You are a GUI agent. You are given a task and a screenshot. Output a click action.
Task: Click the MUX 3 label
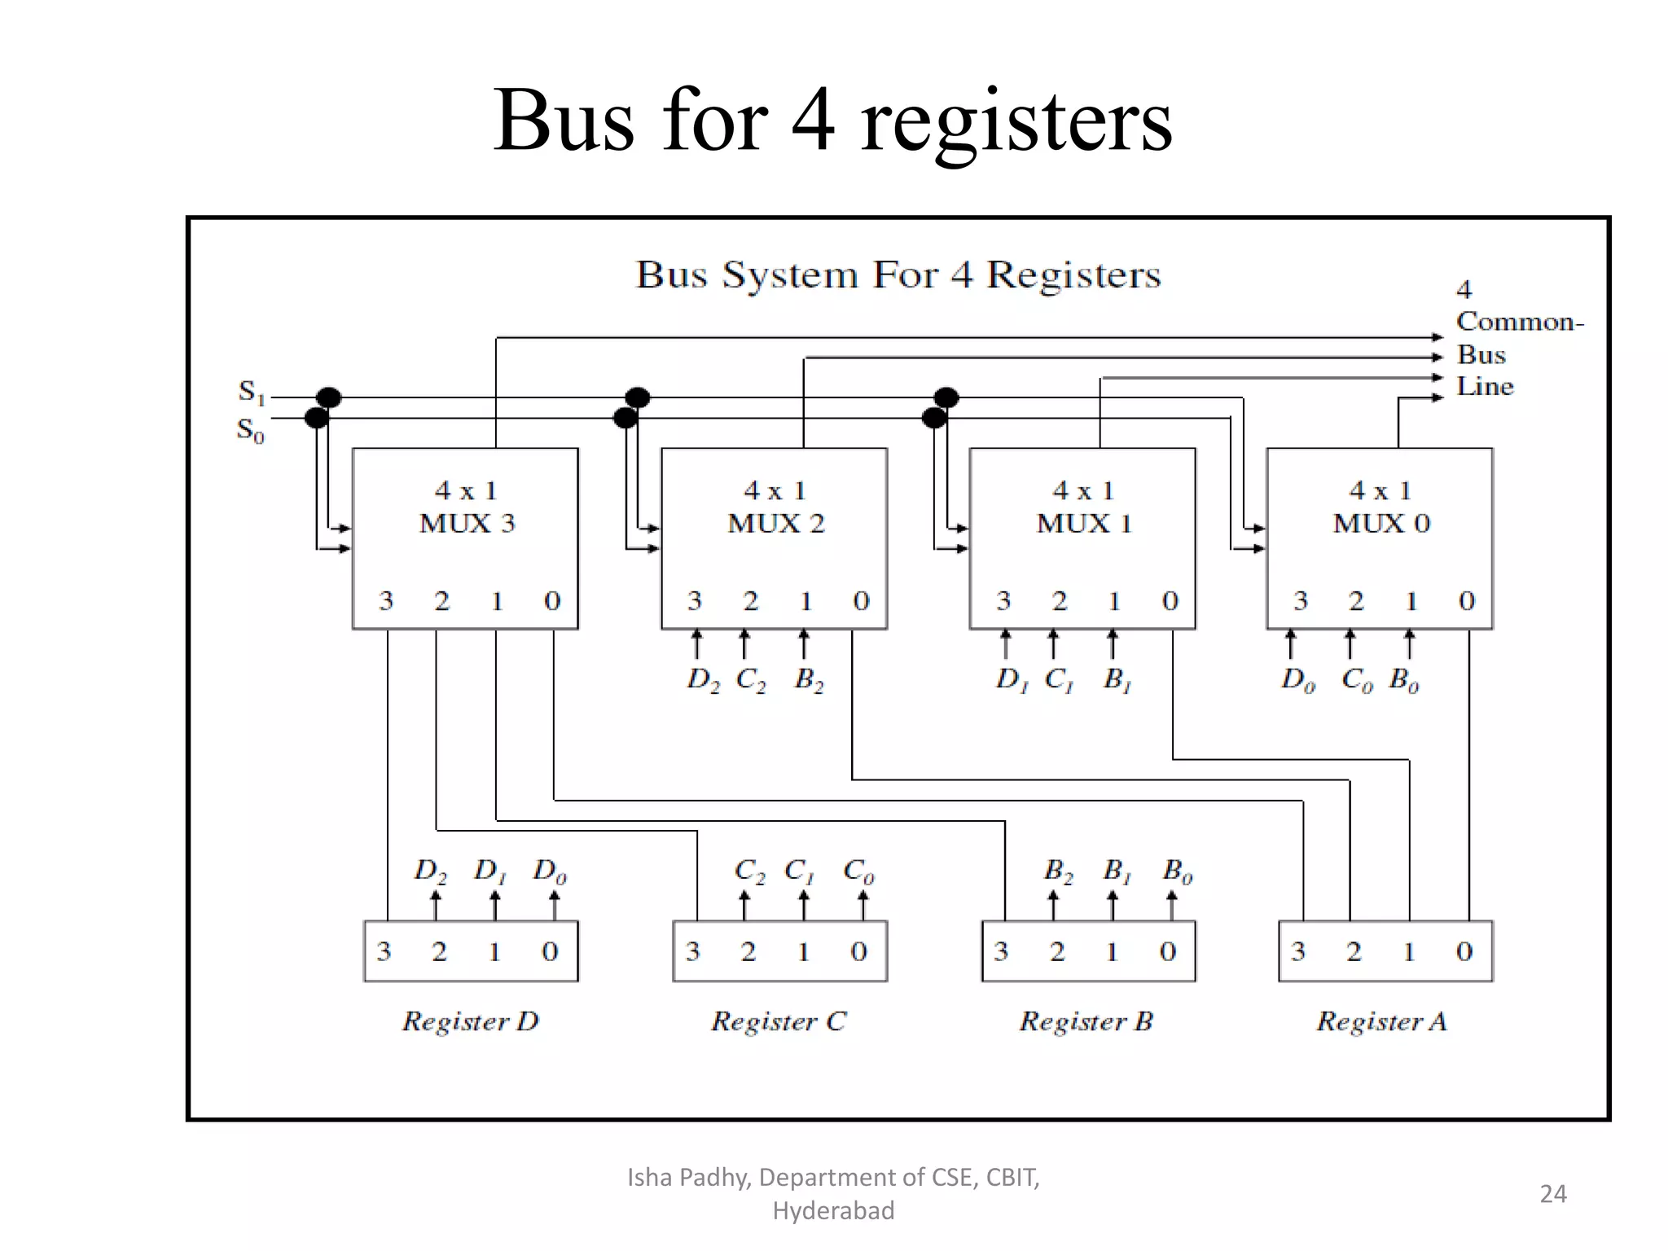pos(467,523)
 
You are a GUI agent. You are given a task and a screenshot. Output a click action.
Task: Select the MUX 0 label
pos(1381,523)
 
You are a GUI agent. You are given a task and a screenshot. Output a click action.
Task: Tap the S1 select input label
pos(251,392)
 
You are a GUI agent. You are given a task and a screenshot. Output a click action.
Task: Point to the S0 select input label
pos(250,430)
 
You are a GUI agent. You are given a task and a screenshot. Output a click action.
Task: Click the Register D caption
pos(470,1021)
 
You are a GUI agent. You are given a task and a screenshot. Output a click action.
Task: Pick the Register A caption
pos(1381,1021)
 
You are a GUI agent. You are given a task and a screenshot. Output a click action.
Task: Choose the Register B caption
pos(1086,1021)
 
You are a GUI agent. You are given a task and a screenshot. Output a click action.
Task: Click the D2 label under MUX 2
pos(703,679)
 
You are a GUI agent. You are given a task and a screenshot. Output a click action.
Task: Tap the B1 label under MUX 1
pos(1117,679)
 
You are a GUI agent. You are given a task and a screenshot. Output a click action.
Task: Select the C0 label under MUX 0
pos(1356,679)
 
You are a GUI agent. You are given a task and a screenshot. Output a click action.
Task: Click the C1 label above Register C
pos(799,871)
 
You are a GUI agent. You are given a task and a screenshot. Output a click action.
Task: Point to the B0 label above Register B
pos(1177,871)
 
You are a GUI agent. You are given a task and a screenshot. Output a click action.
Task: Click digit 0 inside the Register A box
pos(1464,951)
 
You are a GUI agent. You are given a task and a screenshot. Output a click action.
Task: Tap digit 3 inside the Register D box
pos(384,951)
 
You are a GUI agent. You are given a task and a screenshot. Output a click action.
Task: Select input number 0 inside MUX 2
pos(861,601)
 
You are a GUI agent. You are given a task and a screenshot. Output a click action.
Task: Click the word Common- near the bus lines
pos(1520,322)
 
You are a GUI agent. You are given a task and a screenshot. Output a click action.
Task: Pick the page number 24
pos(1552,1194)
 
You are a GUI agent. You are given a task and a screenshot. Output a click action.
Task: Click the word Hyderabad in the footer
pos(833,1211)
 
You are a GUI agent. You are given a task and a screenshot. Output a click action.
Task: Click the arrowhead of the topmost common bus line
pos(1438,337)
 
